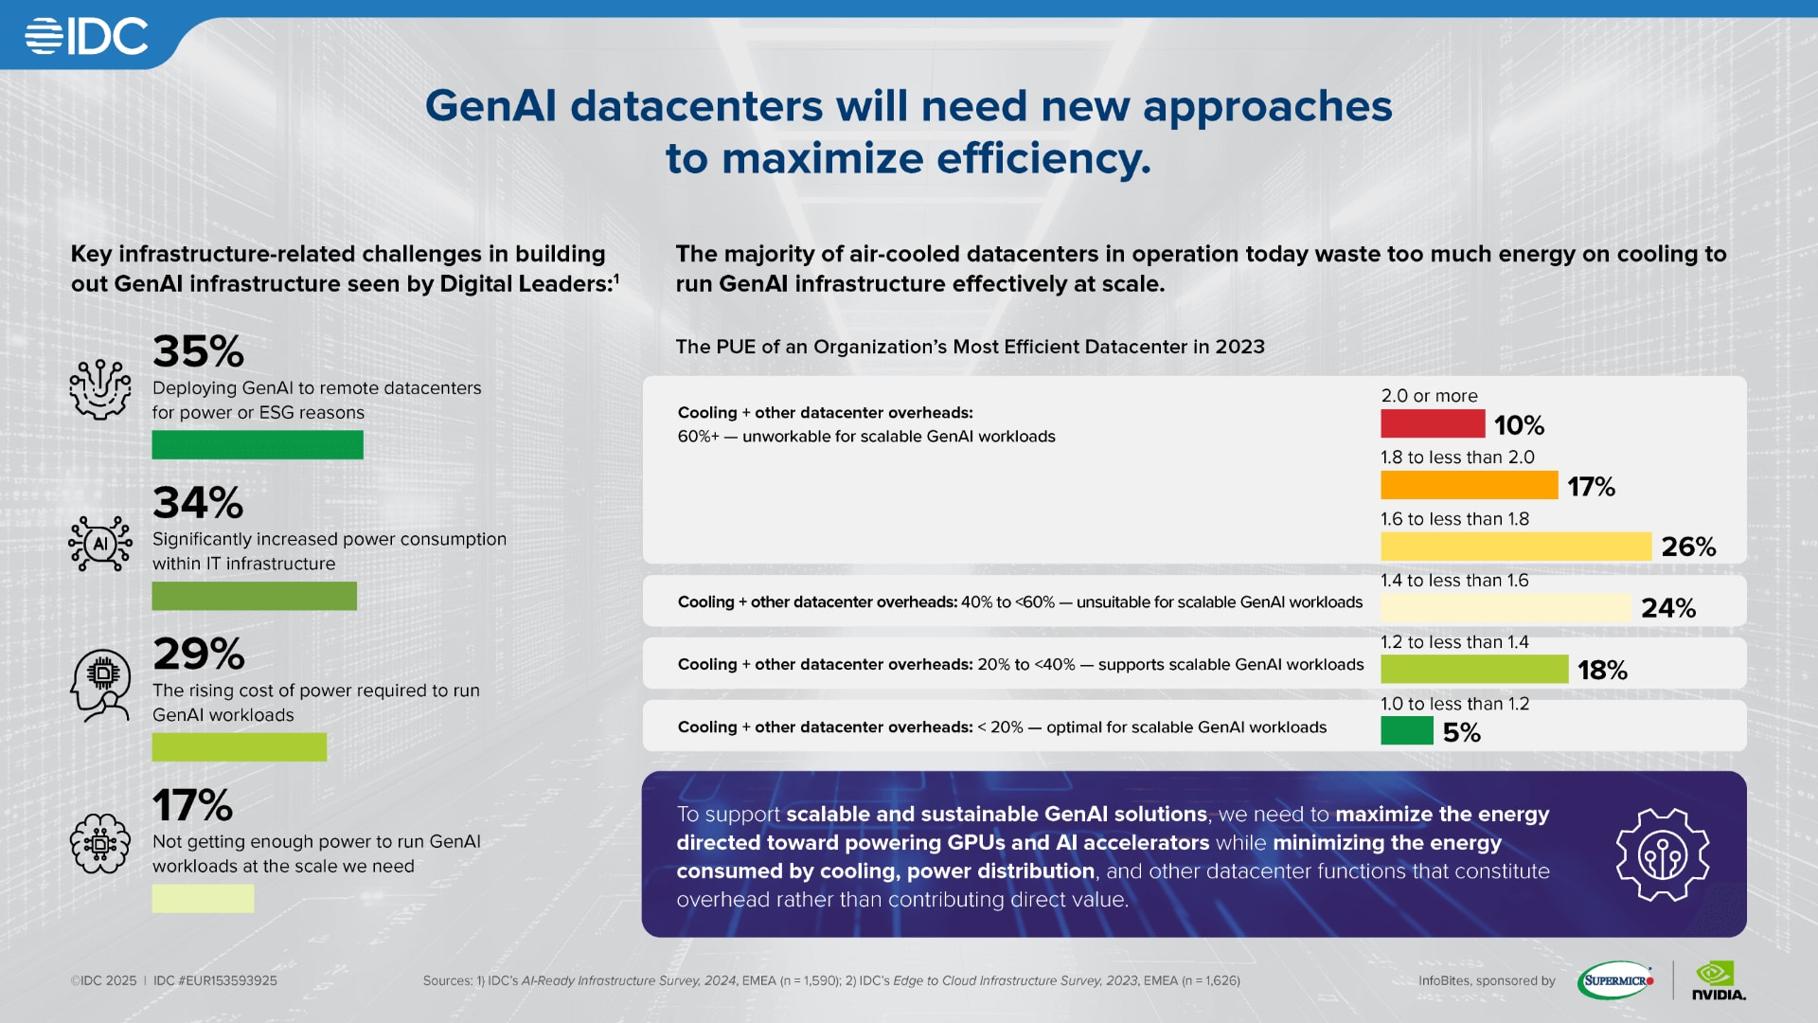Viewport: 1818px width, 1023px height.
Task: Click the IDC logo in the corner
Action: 87,37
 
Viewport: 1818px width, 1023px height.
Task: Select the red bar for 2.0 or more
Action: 1432,423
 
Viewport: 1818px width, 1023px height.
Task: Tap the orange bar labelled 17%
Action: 1469,485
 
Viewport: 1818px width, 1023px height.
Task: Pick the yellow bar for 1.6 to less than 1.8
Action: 1515,547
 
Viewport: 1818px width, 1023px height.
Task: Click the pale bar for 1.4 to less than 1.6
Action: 1505,608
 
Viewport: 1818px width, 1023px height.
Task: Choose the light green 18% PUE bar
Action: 1473,670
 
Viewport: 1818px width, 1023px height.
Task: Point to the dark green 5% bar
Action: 1406,731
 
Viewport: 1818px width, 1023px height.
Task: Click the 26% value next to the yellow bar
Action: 1688,547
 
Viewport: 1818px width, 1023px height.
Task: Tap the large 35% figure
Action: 198,351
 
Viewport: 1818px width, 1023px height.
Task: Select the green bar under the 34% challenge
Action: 254,596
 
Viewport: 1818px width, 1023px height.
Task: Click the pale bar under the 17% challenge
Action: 203,898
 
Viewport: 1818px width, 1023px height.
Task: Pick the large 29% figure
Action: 199,654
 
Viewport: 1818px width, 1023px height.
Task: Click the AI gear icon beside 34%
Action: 99,544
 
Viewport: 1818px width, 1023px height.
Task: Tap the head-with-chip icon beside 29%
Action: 99,685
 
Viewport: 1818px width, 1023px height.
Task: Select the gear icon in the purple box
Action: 1662,854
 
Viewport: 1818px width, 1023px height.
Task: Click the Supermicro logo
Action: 1615,980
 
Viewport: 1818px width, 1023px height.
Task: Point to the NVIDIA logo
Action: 1718,980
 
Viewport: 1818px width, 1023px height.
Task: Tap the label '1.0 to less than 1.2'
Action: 1454,704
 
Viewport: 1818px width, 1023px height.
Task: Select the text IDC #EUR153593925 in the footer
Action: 215,980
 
